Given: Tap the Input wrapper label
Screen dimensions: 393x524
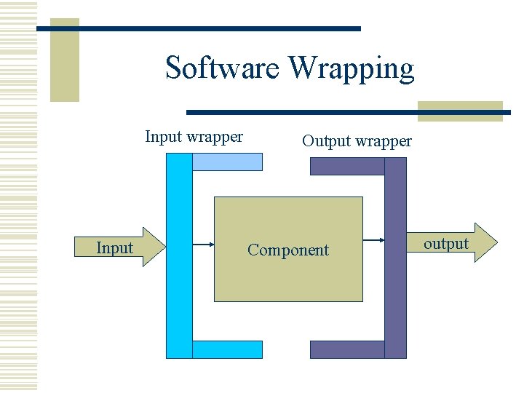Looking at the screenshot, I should point(194,136).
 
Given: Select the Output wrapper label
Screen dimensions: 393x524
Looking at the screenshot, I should point(357,141).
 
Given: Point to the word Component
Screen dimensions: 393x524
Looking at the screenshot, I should point(288,250).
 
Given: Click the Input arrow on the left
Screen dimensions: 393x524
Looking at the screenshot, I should point(121,247).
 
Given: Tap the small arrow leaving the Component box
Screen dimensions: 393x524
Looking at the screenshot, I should point(373,240).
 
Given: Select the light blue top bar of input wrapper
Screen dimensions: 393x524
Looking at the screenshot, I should point(227,162).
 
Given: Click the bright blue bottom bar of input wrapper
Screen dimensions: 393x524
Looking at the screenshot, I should point(227,350).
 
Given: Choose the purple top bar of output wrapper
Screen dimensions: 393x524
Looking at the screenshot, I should point(347,167).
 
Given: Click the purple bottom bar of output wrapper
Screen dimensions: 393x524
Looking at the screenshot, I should point(347,350).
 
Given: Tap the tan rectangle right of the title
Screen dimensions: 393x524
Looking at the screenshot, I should point(460,110).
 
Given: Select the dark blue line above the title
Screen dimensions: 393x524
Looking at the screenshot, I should point(198,28).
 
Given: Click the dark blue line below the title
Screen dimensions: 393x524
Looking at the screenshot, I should point(348,113).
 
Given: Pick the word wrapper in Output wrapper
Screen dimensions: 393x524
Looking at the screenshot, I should point(384,141).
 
